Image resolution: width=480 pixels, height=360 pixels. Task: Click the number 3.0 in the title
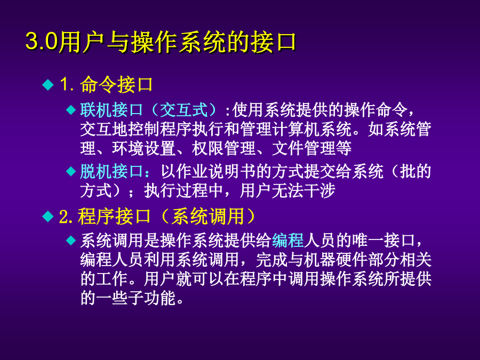[42, 41]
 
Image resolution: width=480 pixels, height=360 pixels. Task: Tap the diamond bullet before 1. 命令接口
[48, 84]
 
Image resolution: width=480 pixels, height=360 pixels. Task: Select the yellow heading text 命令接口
[117, 84]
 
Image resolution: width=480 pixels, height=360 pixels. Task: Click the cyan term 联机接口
[112, 109]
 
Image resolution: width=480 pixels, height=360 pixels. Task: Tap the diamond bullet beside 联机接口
[71, 110]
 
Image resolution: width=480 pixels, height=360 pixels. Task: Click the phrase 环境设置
[143, 148]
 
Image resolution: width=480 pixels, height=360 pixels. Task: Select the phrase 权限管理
[224, 148]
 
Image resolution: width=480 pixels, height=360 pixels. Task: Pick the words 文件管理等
[311, 148]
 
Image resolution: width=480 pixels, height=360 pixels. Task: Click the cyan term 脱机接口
[112, 171]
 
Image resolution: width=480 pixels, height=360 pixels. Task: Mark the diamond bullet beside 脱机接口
[71, 171]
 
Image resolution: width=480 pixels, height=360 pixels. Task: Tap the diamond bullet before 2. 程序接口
[48, 217]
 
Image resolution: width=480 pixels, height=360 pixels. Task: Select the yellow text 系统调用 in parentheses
[207, 217]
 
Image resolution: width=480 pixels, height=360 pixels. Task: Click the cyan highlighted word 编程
[287, 241]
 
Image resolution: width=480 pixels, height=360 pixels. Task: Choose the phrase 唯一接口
[383, 241]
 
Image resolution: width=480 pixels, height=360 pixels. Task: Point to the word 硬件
[352, 260]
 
